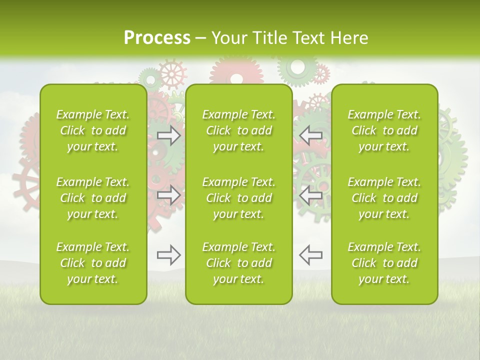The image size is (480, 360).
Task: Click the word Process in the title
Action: [157, 38]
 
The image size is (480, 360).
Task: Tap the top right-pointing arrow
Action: [169, 135]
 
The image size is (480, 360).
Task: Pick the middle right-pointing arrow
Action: [169, 195]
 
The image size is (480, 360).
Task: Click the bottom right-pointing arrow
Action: [169, 255]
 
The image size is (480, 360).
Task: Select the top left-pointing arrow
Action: [310, 135]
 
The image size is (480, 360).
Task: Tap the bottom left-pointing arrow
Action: [310, 255]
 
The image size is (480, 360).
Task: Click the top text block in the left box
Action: [93, 130]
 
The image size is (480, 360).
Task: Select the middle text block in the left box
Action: [93, 198]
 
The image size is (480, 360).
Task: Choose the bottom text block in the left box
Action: [93, 263]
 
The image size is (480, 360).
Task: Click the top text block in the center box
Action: [239, 130]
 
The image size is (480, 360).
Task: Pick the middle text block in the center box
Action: [239, 198]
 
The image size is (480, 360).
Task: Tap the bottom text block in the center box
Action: [239, 263]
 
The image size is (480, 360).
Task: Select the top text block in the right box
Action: [384, 130]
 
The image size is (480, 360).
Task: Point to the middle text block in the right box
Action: [384, 198]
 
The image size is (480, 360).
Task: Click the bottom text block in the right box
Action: [384, 263]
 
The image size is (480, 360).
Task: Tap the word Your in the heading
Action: [229, 38]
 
